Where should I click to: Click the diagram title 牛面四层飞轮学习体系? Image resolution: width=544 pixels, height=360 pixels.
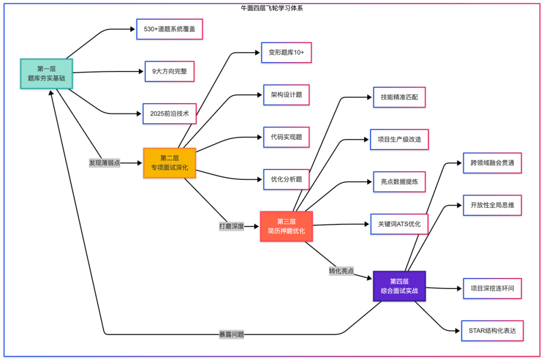coord(272,8)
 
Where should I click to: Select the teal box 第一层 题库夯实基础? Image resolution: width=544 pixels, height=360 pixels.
coord(46,74)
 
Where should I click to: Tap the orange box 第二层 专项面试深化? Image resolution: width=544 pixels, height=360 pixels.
coord(169,163)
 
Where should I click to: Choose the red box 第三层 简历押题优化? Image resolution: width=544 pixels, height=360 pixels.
coord(286,226)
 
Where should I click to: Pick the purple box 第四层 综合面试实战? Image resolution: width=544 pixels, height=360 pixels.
coord(399,286)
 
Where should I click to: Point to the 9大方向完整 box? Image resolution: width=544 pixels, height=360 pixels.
coord(169,71)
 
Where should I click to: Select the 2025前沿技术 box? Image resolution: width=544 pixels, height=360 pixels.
coord(169,114)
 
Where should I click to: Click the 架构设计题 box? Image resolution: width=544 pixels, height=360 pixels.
coord(286,95)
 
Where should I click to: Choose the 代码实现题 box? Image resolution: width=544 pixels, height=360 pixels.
coord(286,137)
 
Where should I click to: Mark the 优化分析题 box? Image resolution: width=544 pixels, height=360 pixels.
coord(286,179)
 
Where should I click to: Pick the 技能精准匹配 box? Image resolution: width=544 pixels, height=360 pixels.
coord(399,97)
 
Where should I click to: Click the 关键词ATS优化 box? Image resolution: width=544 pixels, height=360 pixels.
coord(399,224)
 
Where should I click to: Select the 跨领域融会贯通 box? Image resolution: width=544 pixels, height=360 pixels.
coord(492,163)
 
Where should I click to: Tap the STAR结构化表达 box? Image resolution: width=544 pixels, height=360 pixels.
coord(492,331)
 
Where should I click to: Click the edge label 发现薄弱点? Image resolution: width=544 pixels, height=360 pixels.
coord(105,163)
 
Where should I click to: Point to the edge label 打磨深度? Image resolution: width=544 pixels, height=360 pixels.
coord(232,226)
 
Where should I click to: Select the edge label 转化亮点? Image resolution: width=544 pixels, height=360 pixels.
coord(342,271)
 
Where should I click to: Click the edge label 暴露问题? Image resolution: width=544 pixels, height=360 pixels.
coord(231,334)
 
